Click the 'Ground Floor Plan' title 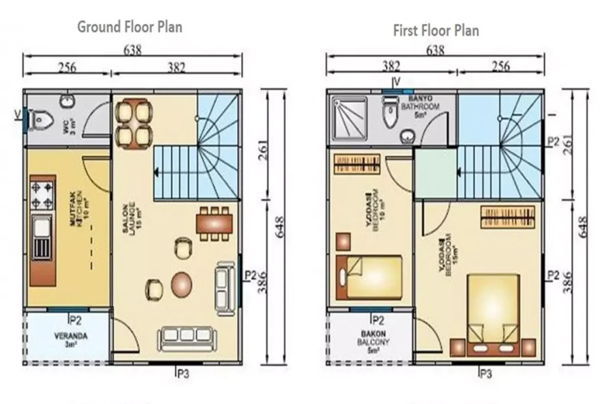click(130, 27)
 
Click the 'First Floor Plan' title click(436, 30)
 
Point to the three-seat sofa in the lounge click(186, 338)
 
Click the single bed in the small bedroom click(369, 276)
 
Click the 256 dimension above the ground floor click(66, 67)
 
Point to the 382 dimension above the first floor click(391, 66)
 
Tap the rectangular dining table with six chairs click(213, 224)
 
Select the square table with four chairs click(133, 123)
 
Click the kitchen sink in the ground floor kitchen click(42, 228)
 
